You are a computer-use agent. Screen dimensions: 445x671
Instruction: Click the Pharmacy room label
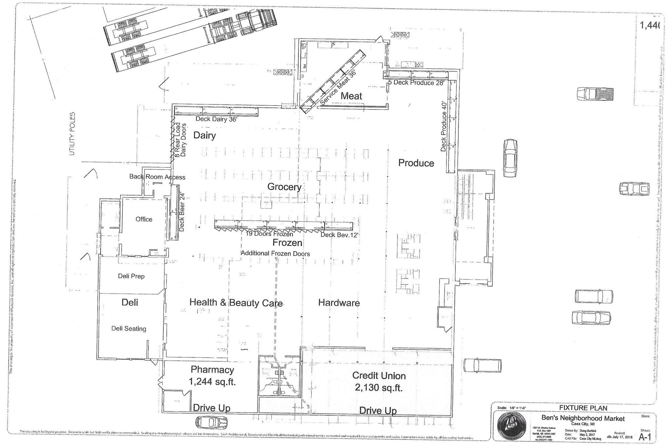(x=212, y=370)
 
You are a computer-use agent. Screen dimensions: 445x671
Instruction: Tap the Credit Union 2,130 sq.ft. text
(x=379, y=382)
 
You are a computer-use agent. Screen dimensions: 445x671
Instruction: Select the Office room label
(x=144, y=219)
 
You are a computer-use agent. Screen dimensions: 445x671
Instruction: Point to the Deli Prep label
(x=131, y=276)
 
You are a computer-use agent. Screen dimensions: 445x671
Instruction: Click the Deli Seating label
(x=129, y=329)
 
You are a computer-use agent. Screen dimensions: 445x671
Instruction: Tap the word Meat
(x=351, y=96)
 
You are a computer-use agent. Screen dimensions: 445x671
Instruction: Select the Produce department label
(x=416, y=163)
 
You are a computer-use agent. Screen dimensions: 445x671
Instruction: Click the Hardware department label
(x=339, y=303)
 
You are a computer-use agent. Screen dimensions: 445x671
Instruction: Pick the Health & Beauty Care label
(x=236, y=303)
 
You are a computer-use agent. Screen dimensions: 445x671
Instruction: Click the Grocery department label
(x=284, y=187)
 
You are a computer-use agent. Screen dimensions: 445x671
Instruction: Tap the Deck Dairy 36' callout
(x=216, y=119)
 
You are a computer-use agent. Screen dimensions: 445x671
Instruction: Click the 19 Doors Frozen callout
(x=269, y=234)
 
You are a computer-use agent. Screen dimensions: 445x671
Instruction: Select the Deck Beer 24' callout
(x=182, y=212)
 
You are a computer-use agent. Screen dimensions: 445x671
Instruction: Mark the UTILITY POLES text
(x=72, y=134)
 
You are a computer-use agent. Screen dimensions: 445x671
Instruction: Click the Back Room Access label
(x=157, y=177)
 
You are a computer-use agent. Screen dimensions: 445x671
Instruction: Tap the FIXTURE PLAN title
(x=583, y=408)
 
